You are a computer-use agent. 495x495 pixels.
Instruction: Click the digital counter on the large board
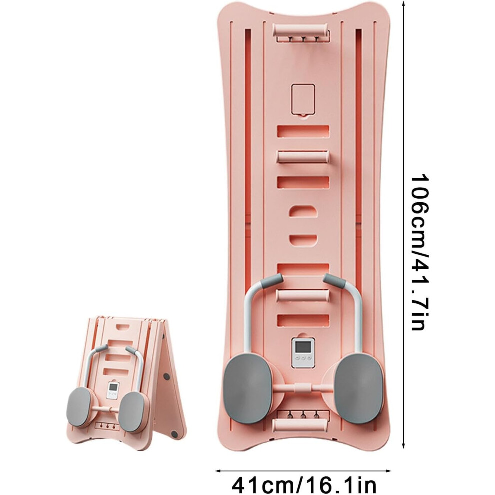[x=303, y=353]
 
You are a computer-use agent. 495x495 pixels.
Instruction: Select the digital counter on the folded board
[x=112, y=390]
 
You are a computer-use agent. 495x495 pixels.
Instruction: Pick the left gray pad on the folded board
[x=80, y=406]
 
